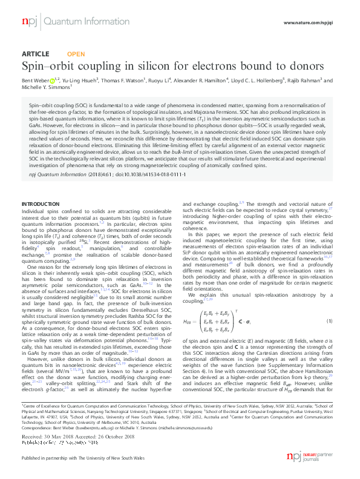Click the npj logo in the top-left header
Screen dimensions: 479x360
[x=29, y=22]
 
